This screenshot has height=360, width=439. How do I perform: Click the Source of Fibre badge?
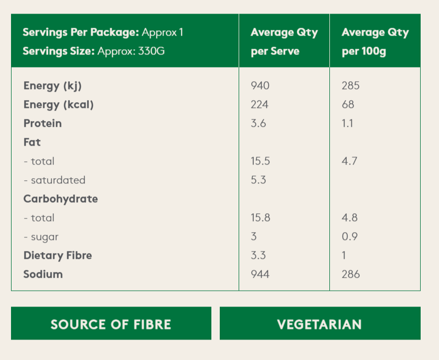111,324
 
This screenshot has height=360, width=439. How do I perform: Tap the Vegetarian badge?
319,324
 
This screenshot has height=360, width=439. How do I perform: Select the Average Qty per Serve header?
284,42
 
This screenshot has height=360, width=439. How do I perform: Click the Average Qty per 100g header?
374,42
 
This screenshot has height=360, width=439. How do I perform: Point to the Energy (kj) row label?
52,86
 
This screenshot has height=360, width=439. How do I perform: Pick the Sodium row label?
43,274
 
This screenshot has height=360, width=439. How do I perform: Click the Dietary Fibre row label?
58,256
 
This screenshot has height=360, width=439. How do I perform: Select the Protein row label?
42,124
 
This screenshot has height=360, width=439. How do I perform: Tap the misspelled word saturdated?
58,180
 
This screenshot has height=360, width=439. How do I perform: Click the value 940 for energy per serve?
260,86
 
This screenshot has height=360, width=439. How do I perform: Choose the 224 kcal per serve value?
260,105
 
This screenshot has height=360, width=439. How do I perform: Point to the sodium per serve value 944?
260,274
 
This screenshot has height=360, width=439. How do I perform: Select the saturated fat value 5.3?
259,180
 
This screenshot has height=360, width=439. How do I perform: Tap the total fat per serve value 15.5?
261,161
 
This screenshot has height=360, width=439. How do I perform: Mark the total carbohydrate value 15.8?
261,218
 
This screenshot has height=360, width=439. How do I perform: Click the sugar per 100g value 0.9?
349,237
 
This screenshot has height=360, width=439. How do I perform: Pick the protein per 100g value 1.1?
347,124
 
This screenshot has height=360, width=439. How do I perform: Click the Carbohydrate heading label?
61,199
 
